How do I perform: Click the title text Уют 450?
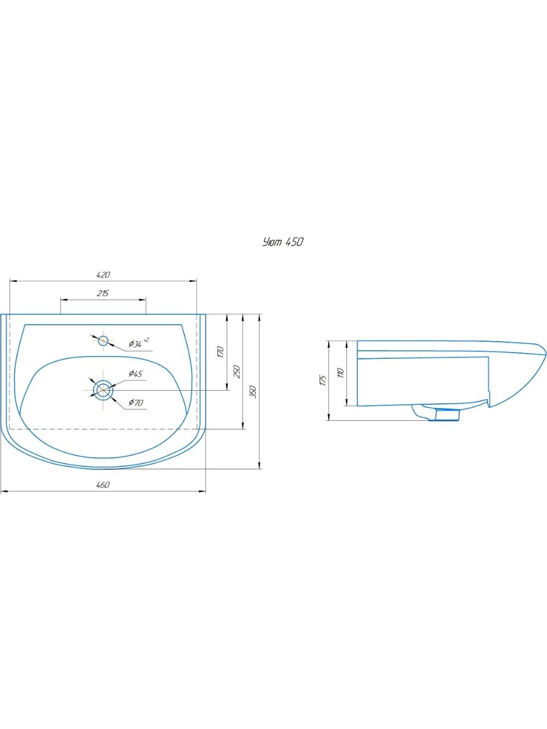click(283, 242)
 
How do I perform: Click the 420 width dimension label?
click(103, 275)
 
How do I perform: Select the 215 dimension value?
click(103, 293)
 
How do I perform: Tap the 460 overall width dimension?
click(103, 485)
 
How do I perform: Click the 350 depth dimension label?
click(253, 392)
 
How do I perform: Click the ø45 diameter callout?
click(136, 374)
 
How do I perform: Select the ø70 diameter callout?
click(136, 403)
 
